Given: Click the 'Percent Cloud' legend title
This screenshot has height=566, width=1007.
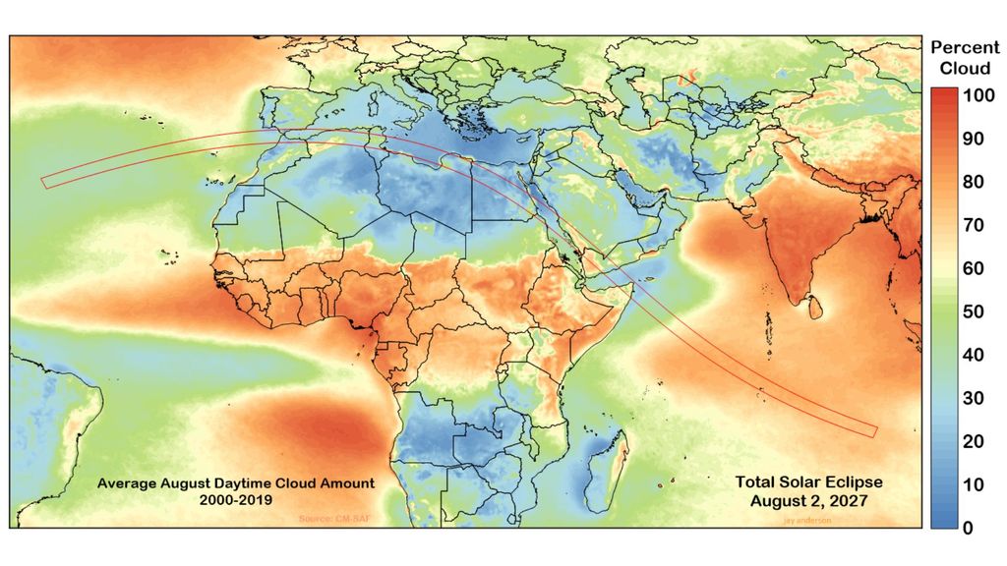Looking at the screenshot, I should (965, 57).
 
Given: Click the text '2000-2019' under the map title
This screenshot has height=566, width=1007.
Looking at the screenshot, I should (234, 499).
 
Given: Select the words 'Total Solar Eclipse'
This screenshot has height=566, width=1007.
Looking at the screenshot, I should (808, 482).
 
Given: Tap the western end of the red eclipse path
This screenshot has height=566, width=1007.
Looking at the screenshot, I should (44, 181).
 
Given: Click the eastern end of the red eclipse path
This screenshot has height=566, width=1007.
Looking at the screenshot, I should (873, 429).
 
